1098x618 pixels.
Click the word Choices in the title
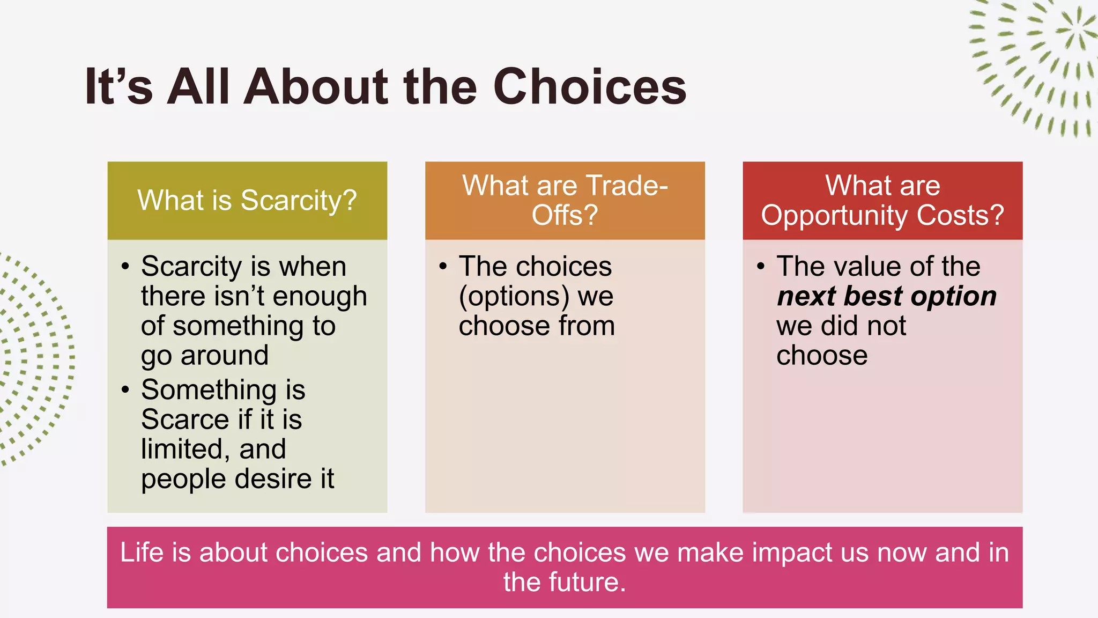pyautogui.click(x=589, y=87)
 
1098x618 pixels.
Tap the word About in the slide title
pyautogui.click(x=316, y=87)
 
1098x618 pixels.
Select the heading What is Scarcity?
pyautogui.click(x=247, y=200)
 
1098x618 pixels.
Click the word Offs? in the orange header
pyautogui.click(x=565, y=215)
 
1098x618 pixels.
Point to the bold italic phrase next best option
pyautogui.click(x=886, y=296)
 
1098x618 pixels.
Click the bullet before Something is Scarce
pyautogui.click(x=125, y=389)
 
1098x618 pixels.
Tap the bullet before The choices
pyautogui.click(x=443, y=266)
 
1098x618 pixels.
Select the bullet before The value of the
pyautogui.click(x=761, y=266)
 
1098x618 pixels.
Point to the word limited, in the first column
pyautogui.click(x=186, y=450)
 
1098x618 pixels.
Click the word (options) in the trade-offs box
pyautogui.click(x=514, y=297)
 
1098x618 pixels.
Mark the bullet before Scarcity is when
pyautogui.click(x=125, y=266)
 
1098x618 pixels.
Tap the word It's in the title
pyautogui.click(x=118, y=87)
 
